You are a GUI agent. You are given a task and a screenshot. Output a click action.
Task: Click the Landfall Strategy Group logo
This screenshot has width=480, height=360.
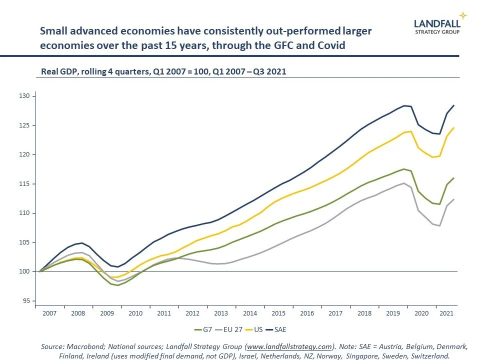(436, 26)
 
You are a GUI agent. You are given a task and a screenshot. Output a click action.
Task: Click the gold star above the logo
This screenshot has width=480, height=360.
(463, 15)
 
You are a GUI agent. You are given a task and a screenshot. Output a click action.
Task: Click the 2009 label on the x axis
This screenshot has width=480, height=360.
(107, 313)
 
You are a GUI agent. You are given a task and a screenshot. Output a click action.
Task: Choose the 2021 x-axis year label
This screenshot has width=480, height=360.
(446, 313)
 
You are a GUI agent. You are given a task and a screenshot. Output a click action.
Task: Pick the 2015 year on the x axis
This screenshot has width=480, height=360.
(278, 313)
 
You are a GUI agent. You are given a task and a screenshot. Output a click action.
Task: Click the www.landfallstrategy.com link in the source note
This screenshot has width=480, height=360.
(290, 346)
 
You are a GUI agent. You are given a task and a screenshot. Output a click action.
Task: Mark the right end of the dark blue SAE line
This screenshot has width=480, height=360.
(453, 105)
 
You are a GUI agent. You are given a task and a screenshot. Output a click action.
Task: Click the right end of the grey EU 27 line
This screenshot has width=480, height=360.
(453, 199)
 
